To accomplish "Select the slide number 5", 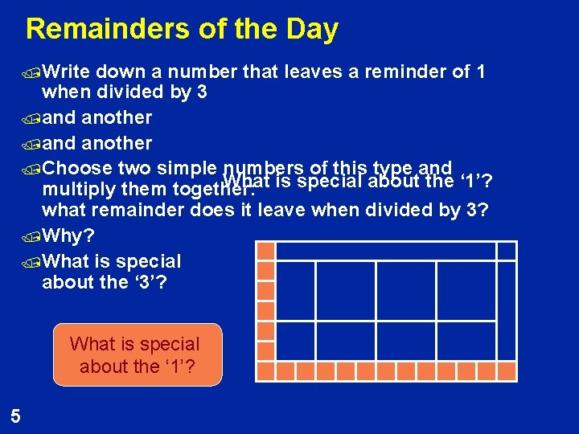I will click(15, 416).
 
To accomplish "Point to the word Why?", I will click(70, 237).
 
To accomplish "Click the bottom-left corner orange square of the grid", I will click(265, 371).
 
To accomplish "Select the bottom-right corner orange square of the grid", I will click(506, 371).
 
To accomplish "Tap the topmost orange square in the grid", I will click(265, 250).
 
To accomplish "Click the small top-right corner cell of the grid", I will click(506, 250).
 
